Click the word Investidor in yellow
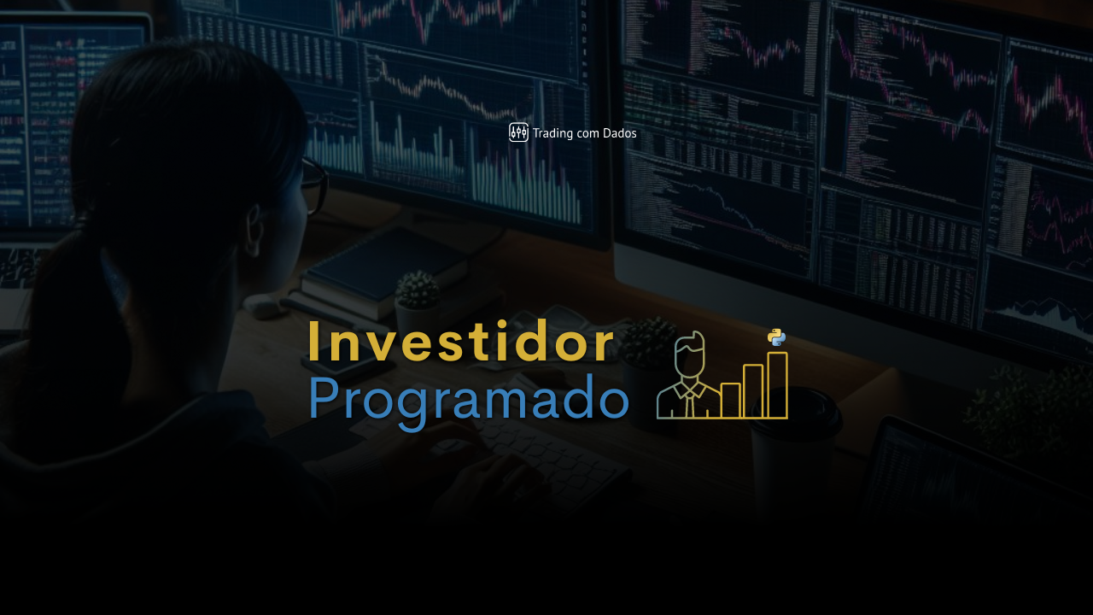click(x=461, y=343)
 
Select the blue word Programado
click(x=468, y=399)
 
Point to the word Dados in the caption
click(x=619, y=133)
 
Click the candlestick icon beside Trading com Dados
click(x=518, y=132)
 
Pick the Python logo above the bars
click(x=776, y=337)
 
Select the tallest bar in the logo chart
click(x=777, y=385)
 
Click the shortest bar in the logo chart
click(x=730, y=401)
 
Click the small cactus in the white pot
click(x=418, y=290)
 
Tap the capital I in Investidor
click(x=314, y=343)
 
